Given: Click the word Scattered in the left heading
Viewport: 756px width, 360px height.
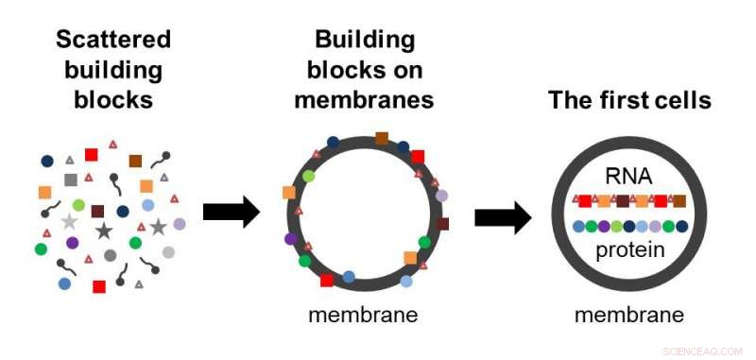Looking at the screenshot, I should point(113,40).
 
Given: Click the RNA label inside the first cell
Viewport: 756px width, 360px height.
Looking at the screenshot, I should point(629,176).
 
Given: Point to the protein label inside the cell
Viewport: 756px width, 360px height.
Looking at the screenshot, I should point(629,250).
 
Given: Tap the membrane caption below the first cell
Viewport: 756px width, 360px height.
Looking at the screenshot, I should point(629,315).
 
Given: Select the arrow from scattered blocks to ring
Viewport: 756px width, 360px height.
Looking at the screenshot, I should point(231,214).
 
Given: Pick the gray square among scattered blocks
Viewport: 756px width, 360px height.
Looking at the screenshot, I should point(70,180).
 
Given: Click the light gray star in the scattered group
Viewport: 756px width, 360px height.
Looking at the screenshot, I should point(69,222).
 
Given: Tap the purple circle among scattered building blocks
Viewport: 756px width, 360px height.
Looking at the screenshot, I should point(73,243).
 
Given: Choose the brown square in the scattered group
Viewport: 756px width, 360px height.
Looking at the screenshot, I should point(135,161).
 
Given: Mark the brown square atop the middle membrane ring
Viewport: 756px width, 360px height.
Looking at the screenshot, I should point(382,139).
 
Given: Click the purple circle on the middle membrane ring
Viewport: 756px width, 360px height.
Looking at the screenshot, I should point(291,239).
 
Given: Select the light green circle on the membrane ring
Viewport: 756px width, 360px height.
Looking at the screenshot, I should point(308,177).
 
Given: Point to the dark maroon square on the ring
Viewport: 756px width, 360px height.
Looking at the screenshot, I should point(441,224).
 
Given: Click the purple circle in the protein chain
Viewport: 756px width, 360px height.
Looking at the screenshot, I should point(603,227).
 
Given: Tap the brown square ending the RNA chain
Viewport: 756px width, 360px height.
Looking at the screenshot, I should point(679,200).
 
